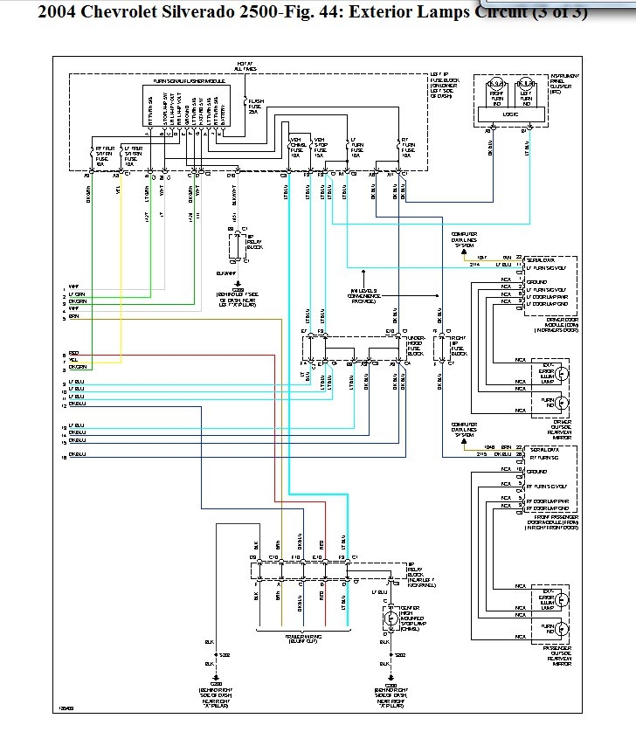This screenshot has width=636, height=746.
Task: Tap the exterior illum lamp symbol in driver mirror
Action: [x=563, y=373]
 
